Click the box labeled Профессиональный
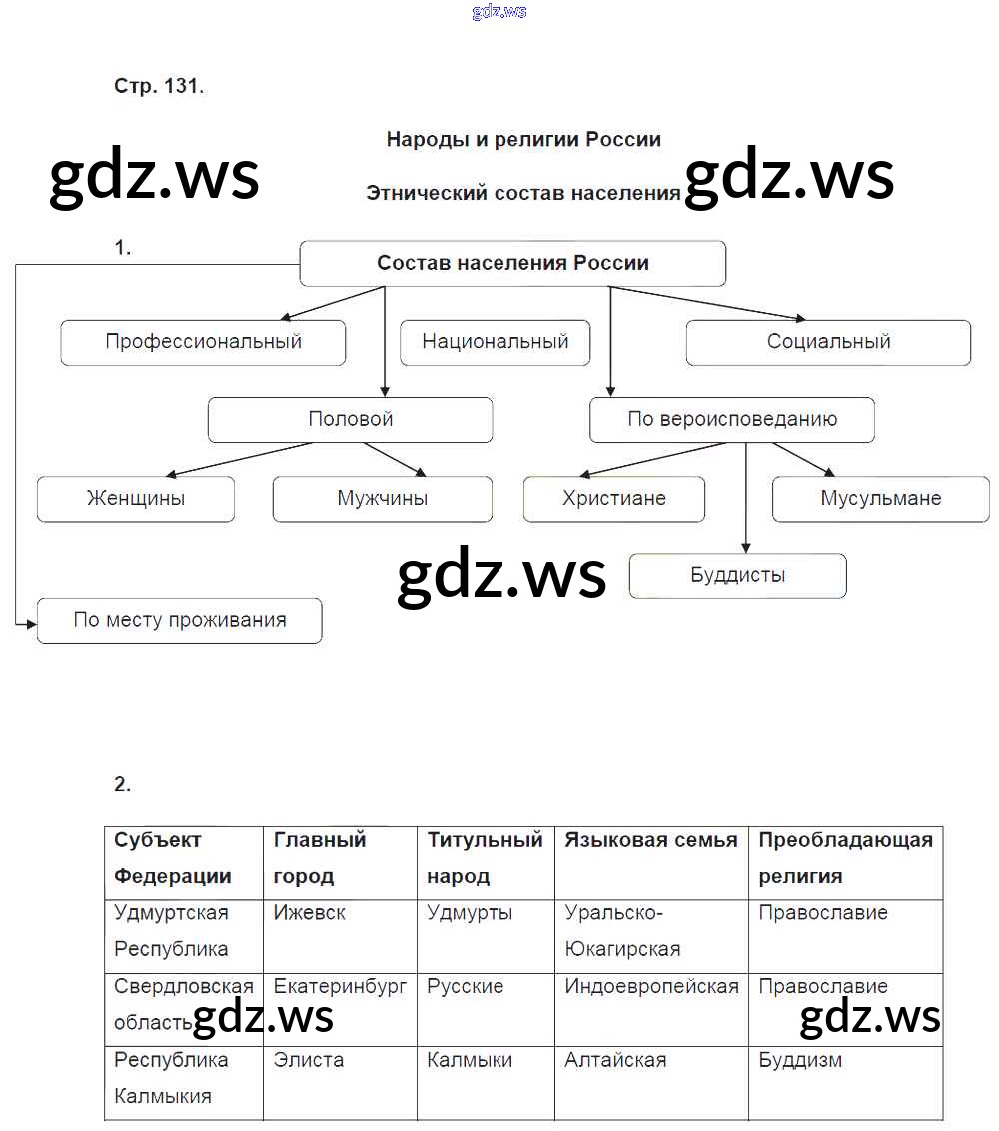[x=203, y=342]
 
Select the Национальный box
[x=495, y=342]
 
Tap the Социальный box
[x=828, y=342]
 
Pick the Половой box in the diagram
[x=350, y=420]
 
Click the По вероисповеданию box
[x=731, y=420]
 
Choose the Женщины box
[x=135, y=498]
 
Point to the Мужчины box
[x=382, y=498]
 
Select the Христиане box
[x=613, y=498]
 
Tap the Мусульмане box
[x=880, y=498]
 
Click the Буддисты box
[x=737, y=575]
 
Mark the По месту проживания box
[x=179, y=620]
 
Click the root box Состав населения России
[x=512, y=263]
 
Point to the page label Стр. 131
[x=159, y=86]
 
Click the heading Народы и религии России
[x=523, y=139]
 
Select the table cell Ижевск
[x=309, y=913]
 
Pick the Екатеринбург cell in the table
[x=340, y=987]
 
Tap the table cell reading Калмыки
[x=470, y=1060]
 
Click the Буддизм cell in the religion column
[x=799, y=1060]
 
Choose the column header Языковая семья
[x=650, y=840]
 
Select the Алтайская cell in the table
[x=615, y=1060]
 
